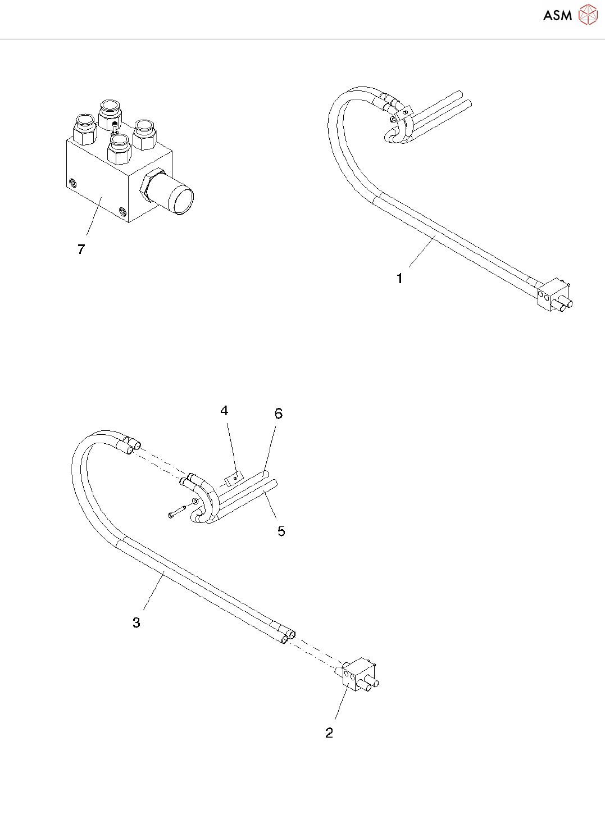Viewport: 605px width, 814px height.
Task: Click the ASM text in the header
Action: coord(557,15)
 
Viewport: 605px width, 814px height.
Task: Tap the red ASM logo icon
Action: coord(588,15)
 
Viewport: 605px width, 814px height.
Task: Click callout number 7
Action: coord(81,249)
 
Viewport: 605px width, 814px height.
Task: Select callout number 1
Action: coord(399,278)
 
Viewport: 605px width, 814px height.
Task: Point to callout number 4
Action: coord(224,411)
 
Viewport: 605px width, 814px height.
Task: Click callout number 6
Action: coord(278,414)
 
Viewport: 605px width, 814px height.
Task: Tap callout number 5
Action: coord(281,531)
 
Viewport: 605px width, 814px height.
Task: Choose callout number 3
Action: coord(136,622)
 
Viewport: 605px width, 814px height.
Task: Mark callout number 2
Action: coord(329,733)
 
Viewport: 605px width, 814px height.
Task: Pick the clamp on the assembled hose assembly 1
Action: coord(404,113)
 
